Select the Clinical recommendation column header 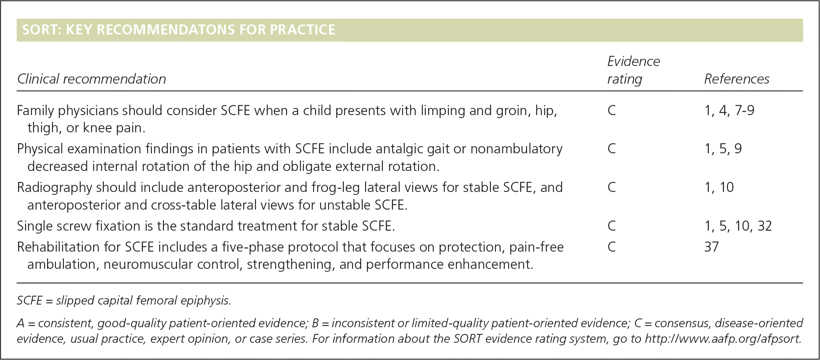pos(92,79)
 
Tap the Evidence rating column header pos(634,70)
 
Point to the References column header pos(737,79)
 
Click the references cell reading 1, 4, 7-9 pos(729,110)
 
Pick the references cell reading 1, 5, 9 pos(723,149)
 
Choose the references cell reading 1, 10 pos(719,187)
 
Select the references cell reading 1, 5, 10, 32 pos(738,226)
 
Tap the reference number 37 pos(712,247)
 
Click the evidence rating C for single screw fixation pos(612,226)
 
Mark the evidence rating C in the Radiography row pos(612,187)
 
